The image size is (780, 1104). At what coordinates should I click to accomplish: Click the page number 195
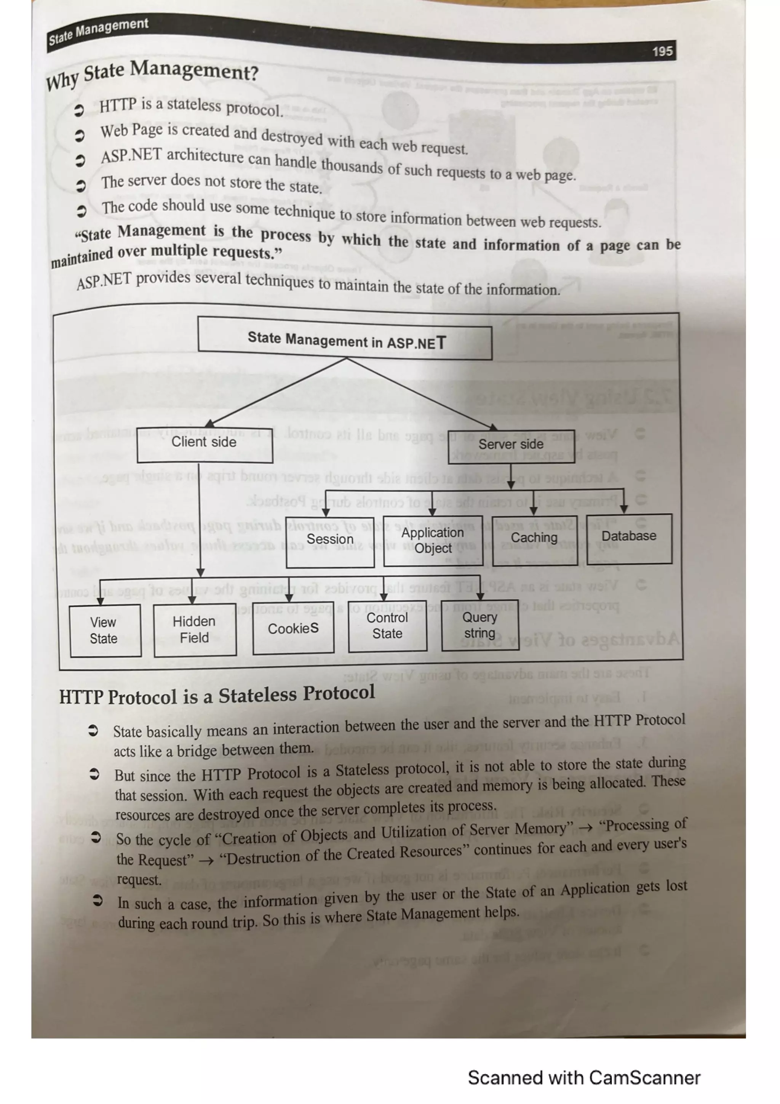[662, 51]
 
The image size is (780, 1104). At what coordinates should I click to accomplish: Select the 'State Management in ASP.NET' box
[345, 341]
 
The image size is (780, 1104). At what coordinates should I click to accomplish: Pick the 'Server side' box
[510, 445]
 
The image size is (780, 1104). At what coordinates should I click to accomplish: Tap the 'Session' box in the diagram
[330, 541]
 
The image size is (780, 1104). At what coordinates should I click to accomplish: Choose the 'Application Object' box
[433, 541]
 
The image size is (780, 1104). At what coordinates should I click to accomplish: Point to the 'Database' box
[629, 537]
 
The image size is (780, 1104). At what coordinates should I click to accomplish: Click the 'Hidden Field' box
[195, 629]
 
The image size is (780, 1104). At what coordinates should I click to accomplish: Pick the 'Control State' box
[387, 626]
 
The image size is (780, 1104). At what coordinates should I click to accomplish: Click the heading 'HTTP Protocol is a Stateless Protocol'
[217, 695]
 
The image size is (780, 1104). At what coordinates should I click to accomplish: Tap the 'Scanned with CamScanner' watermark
[584, 1078]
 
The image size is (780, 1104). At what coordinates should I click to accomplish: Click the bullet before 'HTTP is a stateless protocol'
[78, 110]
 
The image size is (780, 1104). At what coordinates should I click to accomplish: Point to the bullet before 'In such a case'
[97, 900]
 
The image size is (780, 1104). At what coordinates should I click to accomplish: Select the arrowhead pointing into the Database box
[624, 509]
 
